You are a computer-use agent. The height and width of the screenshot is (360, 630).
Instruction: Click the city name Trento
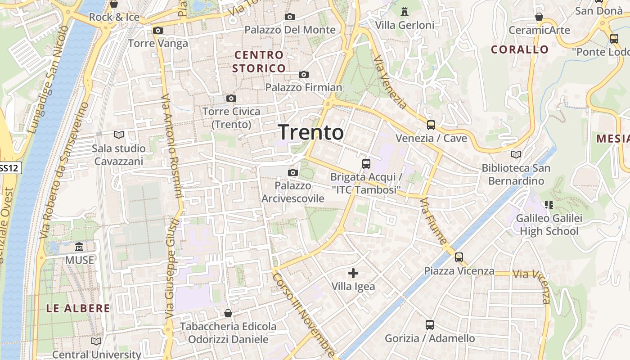pos(311,132)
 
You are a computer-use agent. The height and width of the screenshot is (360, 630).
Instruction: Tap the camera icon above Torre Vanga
pos(158,31)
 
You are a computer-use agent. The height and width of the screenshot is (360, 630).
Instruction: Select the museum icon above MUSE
pos(80,247)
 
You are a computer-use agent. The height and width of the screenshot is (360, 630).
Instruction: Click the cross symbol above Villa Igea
pos(353,273)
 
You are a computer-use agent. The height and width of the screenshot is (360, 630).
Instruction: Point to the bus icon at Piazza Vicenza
pos(459,257)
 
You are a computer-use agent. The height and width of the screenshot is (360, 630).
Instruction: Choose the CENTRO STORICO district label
pos(259,62)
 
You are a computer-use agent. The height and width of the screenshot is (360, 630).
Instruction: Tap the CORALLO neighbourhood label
pos(520,49)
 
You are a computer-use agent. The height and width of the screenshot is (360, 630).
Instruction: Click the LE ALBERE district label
pos(78,308)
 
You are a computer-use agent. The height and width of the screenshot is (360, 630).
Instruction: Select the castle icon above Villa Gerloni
pos(405,12)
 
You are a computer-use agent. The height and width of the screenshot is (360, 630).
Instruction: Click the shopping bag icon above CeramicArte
pos(539,17)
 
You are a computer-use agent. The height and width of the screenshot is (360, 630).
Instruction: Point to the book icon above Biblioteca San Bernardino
pos(516,155)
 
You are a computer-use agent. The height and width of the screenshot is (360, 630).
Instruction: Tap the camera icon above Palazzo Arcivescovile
pos(293,172)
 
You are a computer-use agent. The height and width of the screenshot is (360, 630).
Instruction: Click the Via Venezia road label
pos(390,82)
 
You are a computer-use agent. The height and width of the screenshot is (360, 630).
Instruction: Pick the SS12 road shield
pos(10,168)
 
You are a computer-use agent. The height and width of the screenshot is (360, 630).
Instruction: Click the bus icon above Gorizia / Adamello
pos(430,325)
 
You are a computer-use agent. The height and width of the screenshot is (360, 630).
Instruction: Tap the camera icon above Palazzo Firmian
pos(304,74)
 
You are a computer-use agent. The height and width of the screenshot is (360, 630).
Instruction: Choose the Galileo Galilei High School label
pos(549,225)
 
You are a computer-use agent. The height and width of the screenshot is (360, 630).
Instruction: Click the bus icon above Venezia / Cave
pos(431,125)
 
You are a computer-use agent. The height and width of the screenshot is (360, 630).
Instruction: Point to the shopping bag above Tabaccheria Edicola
pos(228,313)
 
